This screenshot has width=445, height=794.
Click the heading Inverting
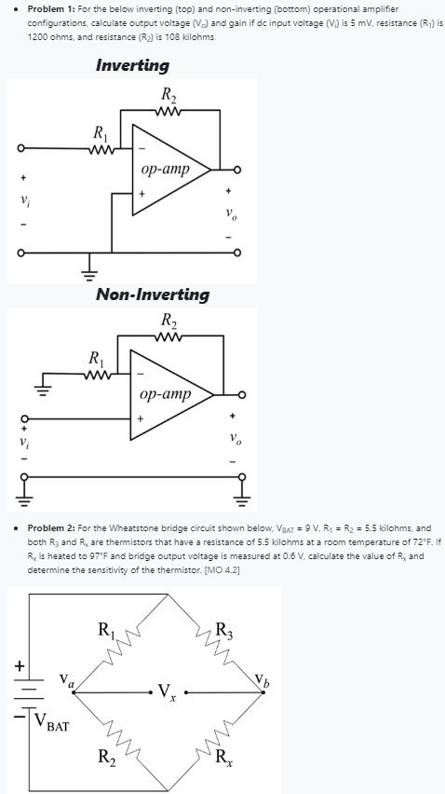point(132,65)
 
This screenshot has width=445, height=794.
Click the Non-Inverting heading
point(153,294)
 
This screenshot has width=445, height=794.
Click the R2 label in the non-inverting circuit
point(168,321)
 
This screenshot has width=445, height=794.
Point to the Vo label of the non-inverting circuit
point(231,437)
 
